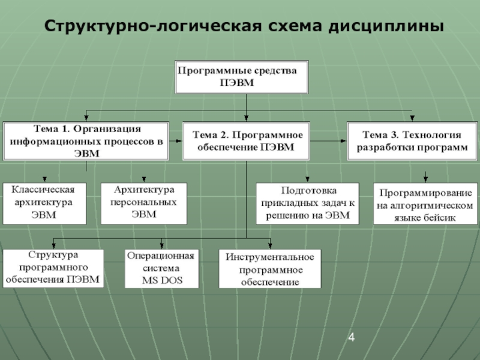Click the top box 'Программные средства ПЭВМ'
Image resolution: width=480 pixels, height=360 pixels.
coord(242,77)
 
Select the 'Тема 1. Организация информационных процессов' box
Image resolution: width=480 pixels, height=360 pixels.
coord(86,141)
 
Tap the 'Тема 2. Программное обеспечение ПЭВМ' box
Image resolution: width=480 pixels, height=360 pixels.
coord(246,141)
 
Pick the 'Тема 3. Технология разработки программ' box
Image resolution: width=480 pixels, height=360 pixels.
coord(412,141)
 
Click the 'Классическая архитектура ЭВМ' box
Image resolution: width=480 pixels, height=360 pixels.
coord(44,203)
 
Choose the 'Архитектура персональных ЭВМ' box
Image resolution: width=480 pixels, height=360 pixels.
coord(144,203)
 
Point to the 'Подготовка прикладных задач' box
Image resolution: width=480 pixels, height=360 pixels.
coord(307,203)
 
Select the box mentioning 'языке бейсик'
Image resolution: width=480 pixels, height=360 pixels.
coord(425,203)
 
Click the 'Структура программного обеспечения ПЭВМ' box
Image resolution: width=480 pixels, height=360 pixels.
coord(53,268)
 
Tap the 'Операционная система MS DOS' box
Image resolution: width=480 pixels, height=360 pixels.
coord(161,268)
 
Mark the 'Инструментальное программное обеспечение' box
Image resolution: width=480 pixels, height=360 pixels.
coord(270,268)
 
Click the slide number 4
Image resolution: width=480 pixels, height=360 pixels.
coord(352,337)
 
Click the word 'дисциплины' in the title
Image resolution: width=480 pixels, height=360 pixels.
coord(386,26)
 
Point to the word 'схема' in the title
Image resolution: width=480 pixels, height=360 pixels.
coord(295,26)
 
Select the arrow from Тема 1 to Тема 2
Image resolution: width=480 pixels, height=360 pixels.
coord(176,141)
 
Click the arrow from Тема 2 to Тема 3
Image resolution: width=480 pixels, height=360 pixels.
coord(328,141)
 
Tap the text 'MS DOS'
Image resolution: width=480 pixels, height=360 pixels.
coord(162,280)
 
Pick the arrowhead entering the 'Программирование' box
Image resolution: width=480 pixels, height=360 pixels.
coord(425,178)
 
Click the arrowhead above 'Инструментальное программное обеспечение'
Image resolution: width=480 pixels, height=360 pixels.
coord(270,245)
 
